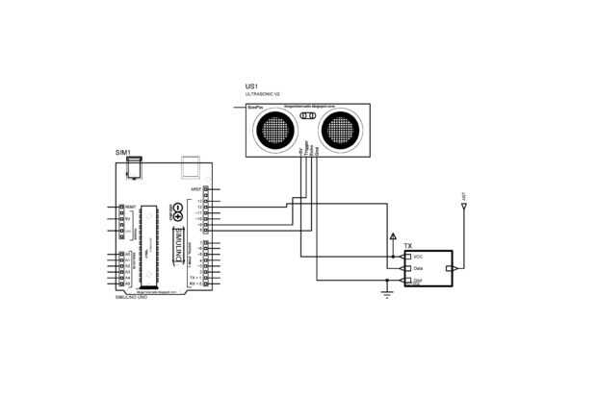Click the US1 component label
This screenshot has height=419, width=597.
tap(251, 87)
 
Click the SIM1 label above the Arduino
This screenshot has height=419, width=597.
tap(122, 153)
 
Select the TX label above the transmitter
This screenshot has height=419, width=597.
tap(408, 246)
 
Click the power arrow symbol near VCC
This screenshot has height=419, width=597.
tap(392, 235)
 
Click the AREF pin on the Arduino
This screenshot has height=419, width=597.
tap(218, 190)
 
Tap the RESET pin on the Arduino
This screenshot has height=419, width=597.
tap(121, 207)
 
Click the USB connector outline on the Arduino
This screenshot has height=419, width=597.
tap(192, 166)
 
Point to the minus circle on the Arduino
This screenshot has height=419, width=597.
tap(178, 208)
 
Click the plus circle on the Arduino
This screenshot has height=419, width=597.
tap(178, 217)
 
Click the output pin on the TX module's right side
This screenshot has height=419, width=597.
tap(450, 269)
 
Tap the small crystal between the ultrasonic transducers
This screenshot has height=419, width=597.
tap(308, 116)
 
